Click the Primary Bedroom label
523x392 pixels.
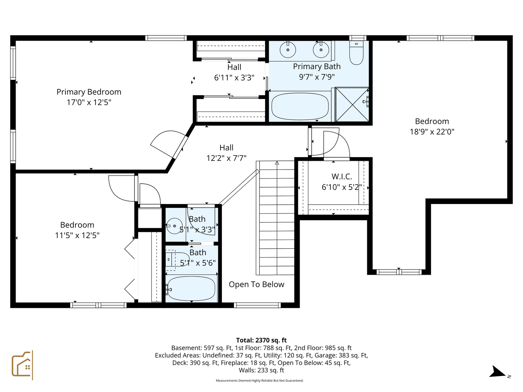coord(89,92)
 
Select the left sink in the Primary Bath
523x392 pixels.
coord(288,50)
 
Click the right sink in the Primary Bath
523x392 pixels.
coord(321,50)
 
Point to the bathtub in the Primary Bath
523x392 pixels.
coord(300,106)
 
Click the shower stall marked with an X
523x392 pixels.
coord(352,105)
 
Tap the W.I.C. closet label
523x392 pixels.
coord(341,177)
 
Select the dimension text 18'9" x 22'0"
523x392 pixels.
coord(432,132)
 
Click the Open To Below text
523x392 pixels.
coord(256,285)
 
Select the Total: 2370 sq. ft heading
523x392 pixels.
coord(261,340)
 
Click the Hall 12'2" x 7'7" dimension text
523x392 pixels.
coord(226,158)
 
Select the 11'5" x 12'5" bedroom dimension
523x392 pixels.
coord(77,235)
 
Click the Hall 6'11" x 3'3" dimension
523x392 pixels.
coord(234,78)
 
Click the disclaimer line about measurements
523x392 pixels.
coord(259,381)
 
